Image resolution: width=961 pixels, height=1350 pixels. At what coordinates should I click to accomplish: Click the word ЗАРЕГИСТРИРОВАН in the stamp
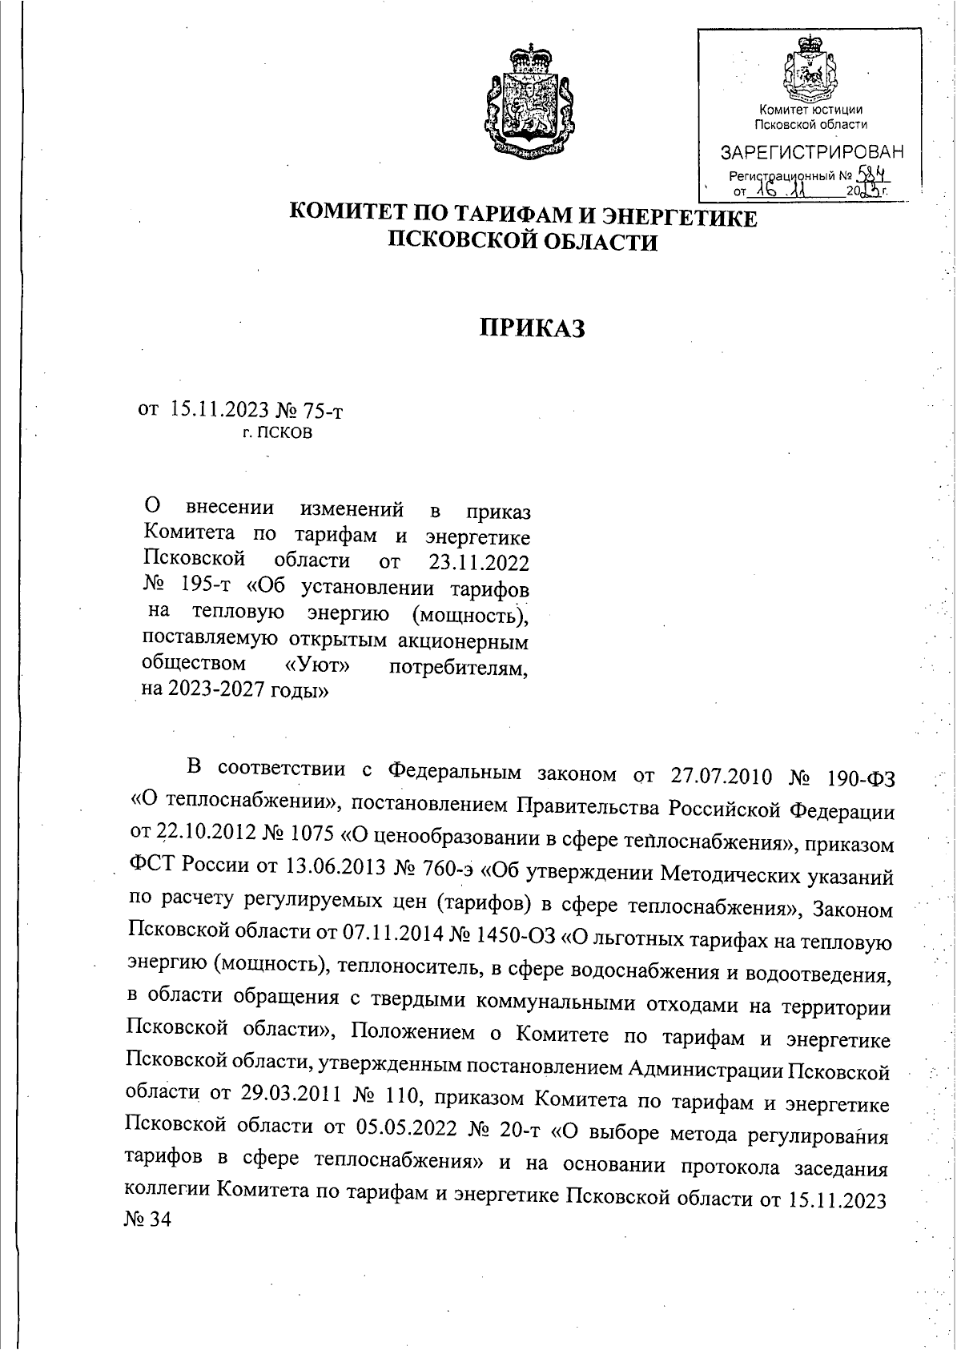812,152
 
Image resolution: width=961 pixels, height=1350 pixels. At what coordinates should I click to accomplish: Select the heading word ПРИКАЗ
532,328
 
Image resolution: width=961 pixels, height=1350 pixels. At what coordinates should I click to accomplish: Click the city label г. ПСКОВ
278,434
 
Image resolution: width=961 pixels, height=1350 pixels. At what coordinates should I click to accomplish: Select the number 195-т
204,589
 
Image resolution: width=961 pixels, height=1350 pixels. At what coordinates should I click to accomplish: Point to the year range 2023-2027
219,691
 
